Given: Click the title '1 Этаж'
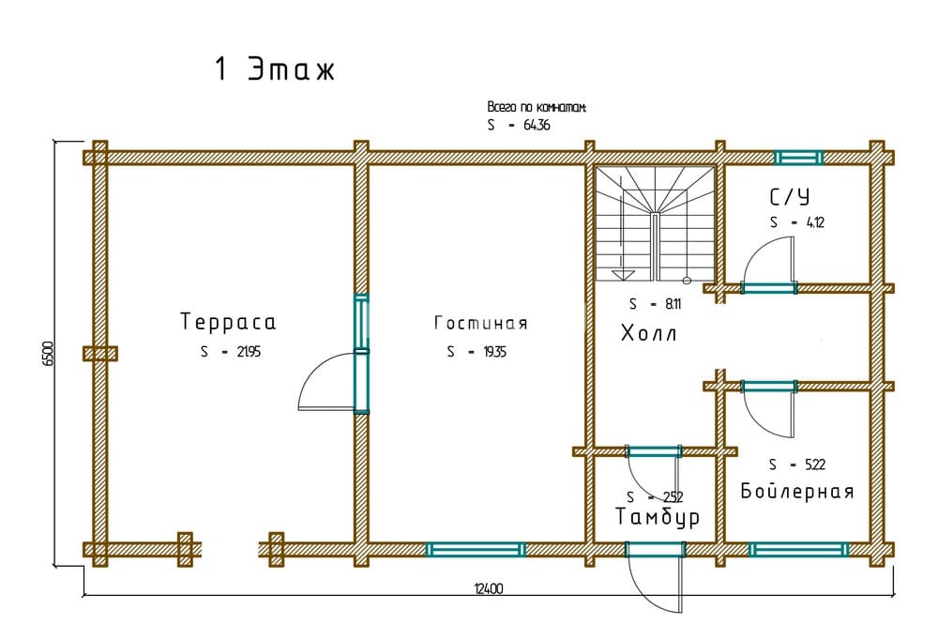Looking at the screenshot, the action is (275, 69).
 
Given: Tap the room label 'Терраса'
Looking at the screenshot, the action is (228, 322).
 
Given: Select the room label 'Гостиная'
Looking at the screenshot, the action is (481, 324).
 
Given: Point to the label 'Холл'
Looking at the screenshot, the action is (648, 333).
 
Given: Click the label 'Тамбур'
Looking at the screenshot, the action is (658, 517).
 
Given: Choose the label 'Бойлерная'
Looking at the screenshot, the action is (796, 491).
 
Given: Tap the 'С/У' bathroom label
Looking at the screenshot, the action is (789, 196).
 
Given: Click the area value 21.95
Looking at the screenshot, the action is (249, 352).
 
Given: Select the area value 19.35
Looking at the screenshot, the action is (494, 352).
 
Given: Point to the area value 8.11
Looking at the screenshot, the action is (673, 304).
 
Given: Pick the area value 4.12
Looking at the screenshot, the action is (815, 222).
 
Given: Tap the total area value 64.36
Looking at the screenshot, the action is (537, 125).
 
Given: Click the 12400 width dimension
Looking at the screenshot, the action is (489, 589).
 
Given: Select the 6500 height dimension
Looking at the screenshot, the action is (48, 353).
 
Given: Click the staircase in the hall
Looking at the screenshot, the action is (656, 223).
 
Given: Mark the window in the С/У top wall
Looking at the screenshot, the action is (798, 158).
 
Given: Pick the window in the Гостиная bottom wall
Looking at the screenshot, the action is (476, 550).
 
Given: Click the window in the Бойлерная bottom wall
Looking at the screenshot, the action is (798, 550).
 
